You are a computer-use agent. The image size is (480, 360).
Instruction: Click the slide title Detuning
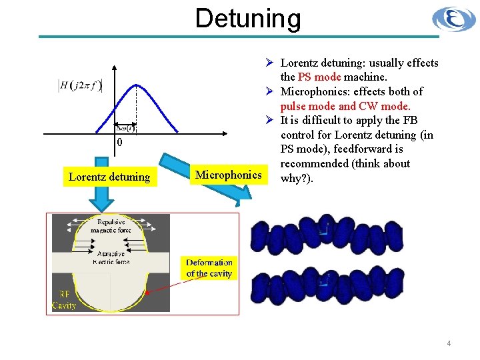(248, 18)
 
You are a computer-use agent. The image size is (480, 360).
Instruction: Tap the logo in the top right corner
(453, 19)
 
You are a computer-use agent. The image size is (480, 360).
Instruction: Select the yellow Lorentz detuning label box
(109, 177)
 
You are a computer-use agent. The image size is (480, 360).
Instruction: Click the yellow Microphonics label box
(228, 175)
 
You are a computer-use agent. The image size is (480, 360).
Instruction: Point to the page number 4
(449, 343)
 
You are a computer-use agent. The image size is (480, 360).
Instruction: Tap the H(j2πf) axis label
(80, 85)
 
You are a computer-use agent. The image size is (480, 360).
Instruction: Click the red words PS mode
(321, 77)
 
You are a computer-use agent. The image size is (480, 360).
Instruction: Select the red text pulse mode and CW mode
(345, 106)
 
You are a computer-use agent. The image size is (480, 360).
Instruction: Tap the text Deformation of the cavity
(209, 268)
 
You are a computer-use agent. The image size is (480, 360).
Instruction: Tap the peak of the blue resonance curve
(137, 84)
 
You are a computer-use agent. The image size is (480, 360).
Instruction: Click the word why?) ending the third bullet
(297, 178)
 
